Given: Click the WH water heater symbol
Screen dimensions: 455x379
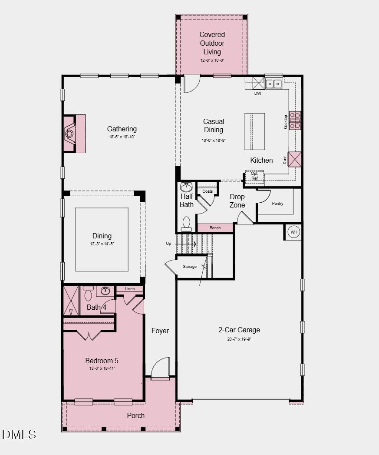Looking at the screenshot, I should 294,232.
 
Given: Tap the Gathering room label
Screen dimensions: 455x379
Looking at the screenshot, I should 122,129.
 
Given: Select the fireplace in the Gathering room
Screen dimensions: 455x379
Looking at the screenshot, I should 69,133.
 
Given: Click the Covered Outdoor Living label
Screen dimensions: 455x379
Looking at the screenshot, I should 212,43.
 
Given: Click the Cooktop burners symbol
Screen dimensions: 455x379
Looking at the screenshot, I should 295,120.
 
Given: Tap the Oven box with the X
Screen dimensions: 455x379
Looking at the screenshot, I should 294,159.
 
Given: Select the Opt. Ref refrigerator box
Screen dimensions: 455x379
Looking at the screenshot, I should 254,176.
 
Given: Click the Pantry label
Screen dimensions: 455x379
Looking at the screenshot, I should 278,203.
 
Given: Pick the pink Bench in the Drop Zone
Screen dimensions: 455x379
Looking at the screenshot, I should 215,227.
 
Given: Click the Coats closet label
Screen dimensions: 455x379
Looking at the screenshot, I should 208,191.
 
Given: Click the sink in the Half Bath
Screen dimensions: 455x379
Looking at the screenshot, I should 186,187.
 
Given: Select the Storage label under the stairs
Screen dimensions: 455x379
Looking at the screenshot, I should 190,267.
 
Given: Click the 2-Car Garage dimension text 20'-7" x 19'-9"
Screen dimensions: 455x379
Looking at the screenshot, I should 239,339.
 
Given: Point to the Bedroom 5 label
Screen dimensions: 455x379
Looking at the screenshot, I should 102,361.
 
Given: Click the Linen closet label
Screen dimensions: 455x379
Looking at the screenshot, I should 130,289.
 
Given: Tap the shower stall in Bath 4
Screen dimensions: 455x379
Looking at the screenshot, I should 71,301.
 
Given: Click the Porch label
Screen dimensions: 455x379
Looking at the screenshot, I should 135,415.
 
